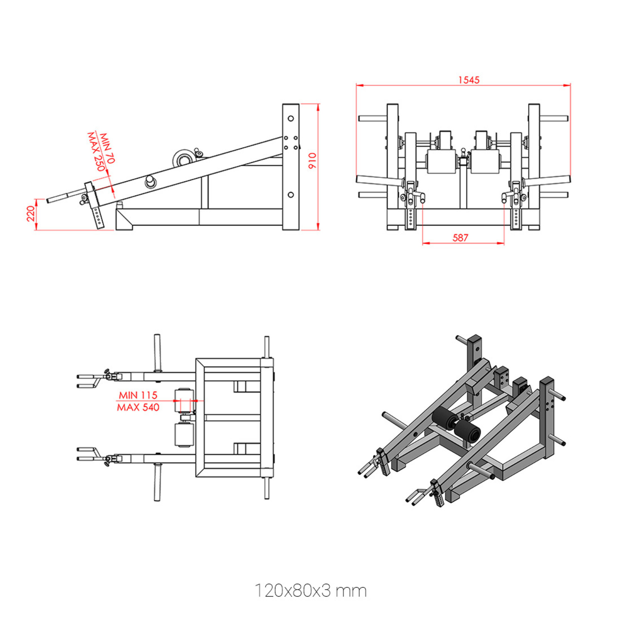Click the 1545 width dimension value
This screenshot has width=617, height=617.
point(469,80)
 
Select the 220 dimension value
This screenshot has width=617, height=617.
point(31,214)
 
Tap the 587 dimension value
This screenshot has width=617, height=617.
point(460,238)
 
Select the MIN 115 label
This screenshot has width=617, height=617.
point(138,395)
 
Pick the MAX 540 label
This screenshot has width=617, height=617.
point(138,407)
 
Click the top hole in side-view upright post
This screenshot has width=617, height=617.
point(291,118)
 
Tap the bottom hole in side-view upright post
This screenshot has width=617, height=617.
point(291,195)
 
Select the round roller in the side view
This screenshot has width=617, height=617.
point(183,159)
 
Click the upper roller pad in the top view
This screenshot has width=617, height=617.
point(184,400)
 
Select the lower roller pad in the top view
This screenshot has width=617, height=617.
point(184,435)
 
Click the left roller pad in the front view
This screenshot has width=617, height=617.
point(441,162)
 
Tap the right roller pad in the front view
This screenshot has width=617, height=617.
point(485,162)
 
